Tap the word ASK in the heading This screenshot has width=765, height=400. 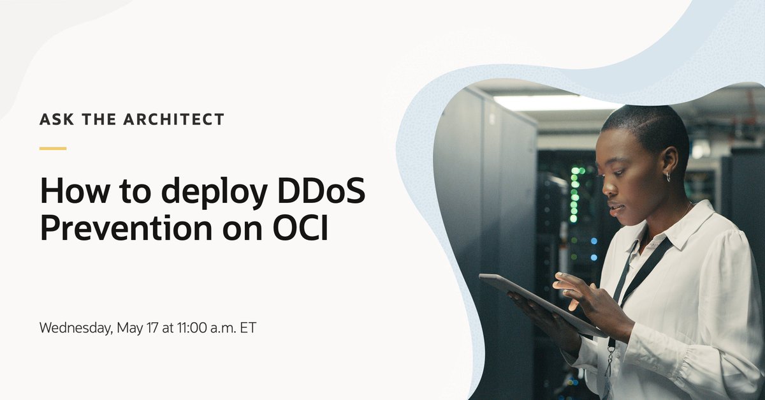click(53, 119)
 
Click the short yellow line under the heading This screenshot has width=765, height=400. click(53, 149)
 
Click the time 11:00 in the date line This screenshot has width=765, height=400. click(191, 328)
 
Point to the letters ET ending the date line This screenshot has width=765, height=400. click(248, 328)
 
